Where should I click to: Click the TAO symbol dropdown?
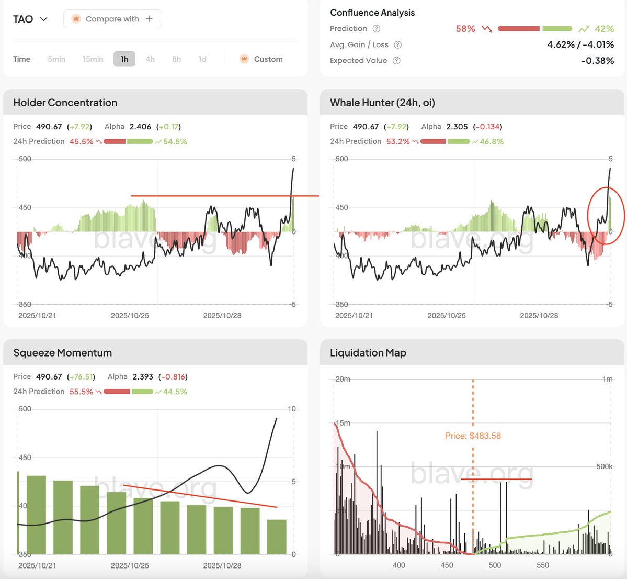tap(30, 19)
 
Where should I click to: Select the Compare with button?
tap(112, 19)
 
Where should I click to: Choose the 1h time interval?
tap(124, 59)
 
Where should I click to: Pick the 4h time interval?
tap(150, 59)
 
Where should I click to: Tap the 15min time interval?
tap(93, 59)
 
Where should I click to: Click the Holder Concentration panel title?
tap(65, 103)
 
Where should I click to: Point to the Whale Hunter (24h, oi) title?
tap(382, 103)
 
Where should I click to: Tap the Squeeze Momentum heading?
tap(63, 353)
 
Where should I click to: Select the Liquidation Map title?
tap(368, 353)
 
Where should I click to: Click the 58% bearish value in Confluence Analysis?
tap(465, 29)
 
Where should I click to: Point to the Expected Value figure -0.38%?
tap(597, 61)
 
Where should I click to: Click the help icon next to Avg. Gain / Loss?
tap(397, 45)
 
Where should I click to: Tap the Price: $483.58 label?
tap(473, 436)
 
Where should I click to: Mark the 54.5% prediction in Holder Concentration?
tap(175, 141)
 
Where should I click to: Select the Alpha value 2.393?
tap(143, 376)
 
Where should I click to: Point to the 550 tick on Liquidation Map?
tap(543, 565)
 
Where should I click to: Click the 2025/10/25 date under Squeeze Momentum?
tap(130, 565)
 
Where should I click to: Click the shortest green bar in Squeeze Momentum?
tap(277, 537)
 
